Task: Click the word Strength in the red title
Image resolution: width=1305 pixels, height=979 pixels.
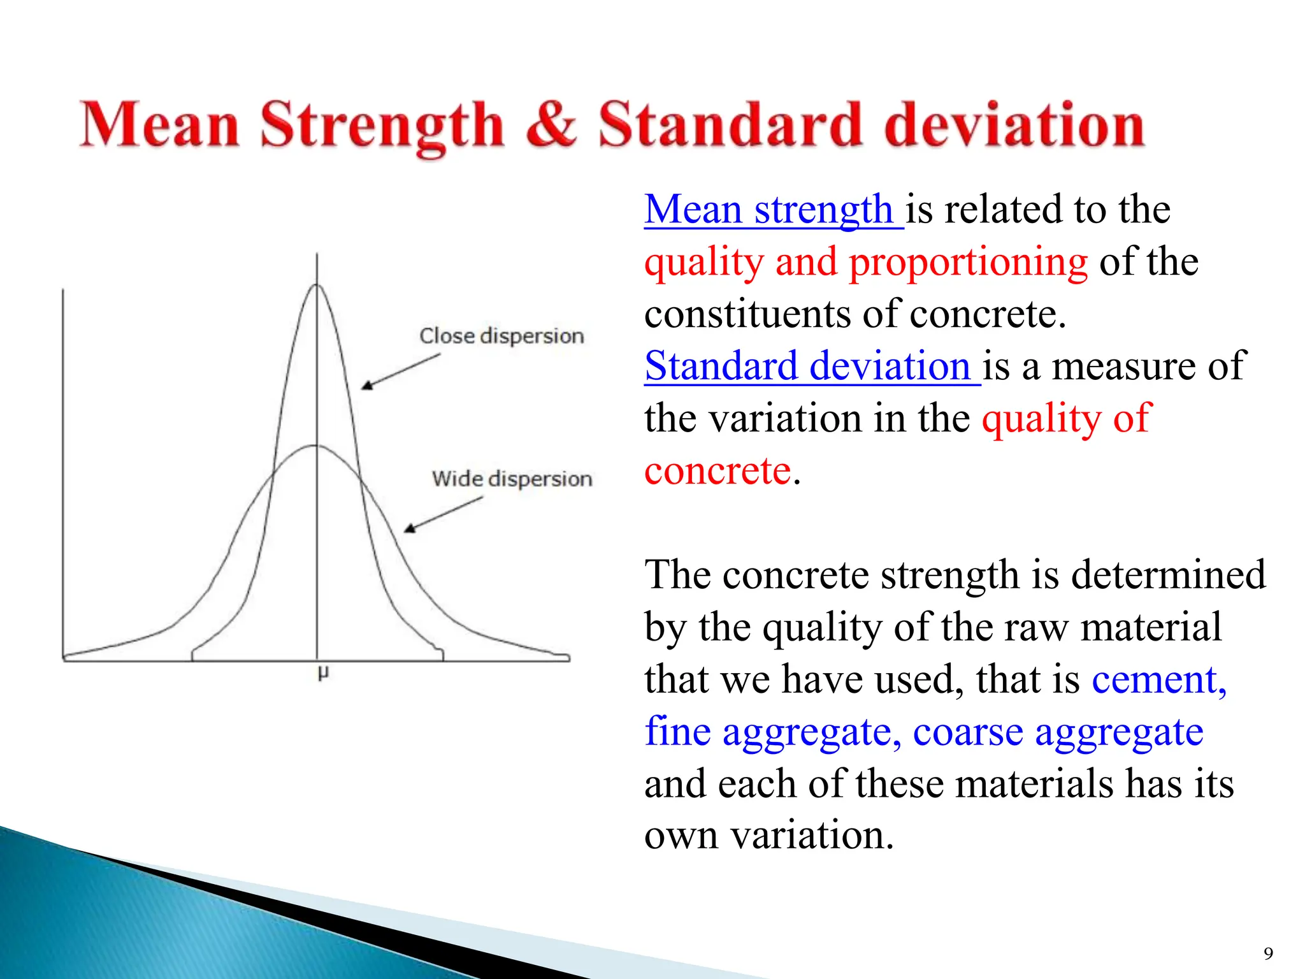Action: point(382,125)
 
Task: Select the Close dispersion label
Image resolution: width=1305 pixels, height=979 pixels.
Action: point(501,336)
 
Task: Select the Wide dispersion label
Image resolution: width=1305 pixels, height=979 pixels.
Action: point(512,479)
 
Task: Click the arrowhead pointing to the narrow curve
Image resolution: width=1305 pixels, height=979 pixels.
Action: point(367,385)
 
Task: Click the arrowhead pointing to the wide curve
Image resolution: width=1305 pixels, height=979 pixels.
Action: point(410,528)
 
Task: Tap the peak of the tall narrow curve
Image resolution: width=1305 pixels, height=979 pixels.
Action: point(317,285)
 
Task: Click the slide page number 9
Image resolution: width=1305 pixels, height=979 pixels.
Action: point(1268,954)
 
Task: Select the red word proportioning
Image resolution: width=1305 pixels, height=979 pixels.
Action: point(968,262)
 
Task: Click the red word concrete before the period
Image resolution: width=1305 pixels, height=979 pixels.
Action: point(717,471)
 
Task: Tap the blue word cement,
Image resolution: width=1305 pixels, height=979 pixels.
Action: point(1159,679)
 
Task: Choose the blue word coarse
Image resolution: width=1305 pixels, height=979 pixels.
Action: point(967,732)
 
